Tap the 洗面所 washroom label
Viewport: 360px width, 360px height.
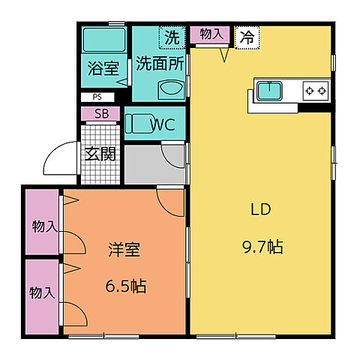[x=159, y=63]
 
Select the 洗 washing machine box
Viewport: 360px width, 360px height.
[x=172, y=36]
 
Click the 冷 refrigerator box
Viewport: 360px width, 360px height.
[x=245, y=36]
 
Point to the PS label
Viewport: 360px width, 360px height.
[x=97, y=97]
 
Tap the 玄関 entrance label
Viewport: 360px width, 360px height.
[x=99, y=154]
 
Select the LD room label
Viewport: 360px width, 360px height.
[x=259, y=209]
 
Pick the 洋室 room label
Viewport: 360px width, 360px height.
[x=124, y=250]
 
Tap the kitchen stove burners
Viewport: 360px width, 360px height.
[x=316, y=91]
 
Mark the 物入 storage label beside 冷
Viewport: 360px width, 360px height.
[x=211, y=34]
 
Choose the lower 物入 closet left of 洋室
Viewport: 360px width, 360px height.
[x=42, y=293]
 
